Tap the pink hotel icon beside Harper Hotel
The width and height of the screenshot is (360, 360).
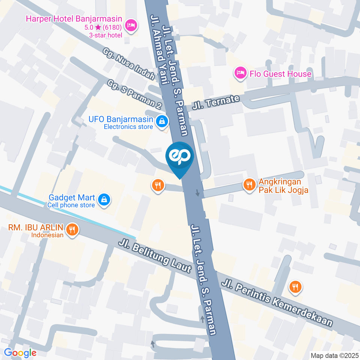(x=131, y=25)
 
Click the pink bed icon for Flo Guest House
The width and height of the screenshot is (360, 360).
(x=240, y=73)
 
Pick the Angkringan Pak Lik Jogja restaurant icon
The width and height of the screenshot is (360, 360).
(x=248, y=185)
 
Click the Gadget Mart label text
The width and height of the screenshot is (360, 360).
(x=71, y=197)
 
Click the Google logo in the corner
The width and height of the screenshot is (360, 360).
(x=20, y=352)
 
